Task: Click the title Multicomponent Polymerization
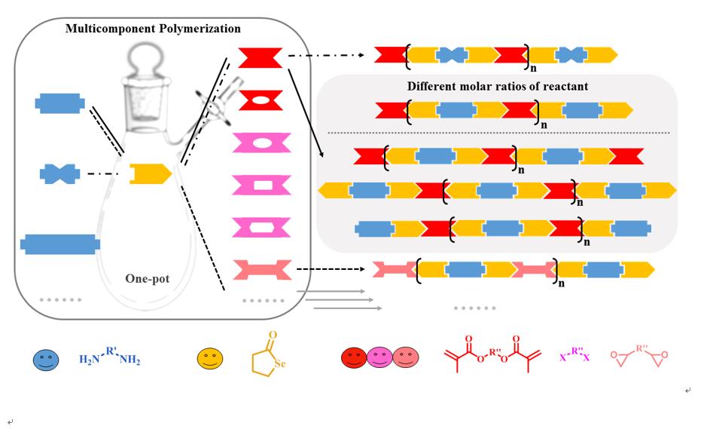(153, 29)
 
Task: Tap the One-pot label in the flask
(147, 279)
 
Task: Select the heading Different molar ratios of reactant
(498, 87)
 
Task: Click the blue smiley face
(45, 359)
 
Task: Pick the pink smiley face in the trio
(380, 359)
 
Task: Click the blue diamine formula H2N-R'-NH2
(110, 357)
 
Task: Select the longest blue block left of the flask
(60, 244)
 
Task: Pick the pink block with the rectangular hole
(261, 185)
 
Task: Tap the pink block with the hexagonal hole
(261, 227)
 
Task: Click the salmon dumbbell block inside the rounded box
(261, 269)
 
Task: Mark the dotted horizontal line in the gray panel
(498, 133)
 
